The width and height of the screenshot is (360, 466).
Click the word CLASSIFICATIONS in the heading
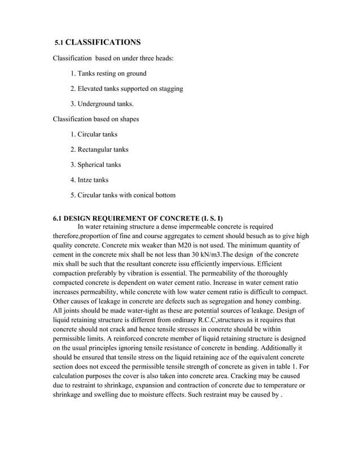click(x=107, y=42)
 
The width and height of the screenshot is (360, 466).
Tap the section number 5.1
click(x=59, y=43)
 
